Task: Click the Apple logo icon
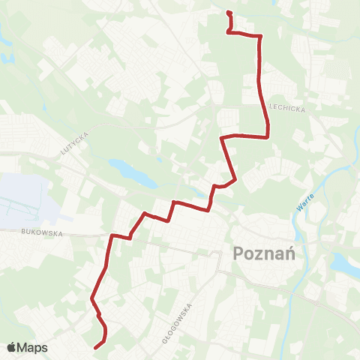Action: click(x=12, y=347)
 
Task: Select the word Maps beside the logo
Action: click(x=33, y=347)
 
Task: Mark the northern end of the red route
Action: click(x=227, y=12)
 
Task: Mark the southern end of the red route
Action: click(x=95, y=346)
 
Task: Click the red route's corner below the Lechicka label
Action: click(x=268, y=136)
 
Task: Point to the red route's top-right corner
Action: click(x=259, y=35)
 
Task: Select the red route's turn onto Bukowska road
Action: click(x=112, y=236)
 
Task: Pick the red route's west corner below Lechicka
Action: click(x=221, y=138)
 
